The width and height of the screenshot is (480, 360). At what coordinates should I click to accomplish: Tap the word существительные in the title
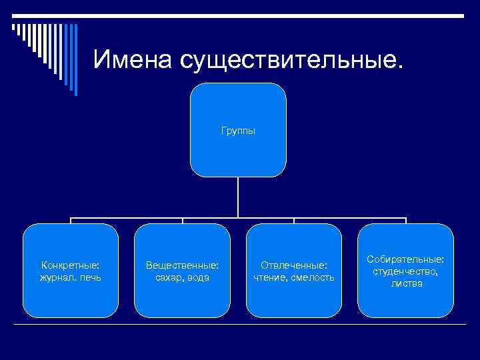(x=290, y=59)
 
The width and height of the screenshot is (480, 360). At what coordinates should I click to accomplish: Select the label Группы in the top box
(x=238, y=131)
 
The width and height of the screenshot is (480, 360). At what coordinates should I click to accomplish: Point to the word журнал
(x=56, y=277)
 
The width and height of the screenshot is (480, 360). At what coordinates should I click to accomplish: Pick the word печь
(x=89, y=277)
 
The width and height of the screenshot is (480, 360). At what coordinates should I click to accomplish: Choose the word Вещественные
(x=182, y=265)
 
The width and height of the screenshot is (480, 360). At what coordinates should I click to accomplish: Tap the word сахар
(x=168, y=277)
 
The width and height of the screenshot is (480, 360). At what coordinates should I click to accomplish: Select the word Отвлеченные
(x=294, y=265)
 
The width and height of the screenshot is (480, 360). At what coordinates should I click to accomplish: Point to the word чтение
(x=269, y=277)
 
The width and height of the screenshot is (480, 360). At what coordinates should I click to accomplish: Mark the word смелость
(x=312, y=277)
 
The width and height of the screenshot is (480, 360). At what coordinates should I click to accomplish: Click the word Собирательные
(x=406, y=259)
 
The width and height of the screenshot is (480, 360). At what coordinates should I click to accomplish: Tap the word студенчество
(x=406, y=271)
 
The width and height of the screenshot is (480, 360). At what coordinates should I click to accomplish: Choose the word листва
(x=406, y=283)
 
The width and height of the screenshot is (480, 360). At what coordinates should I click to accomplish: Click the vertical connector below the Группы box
(x=238, y=197)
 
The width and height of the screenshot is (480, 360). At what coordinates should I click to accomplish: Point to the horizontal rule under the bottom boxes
(x=240, y=324)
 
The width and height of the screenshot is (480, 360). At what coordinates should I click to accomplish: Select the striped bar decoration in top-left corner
(x=44, y=47)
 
